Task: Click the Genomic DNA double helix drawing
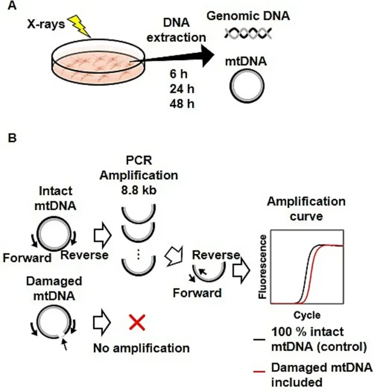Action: (x=248, y=34)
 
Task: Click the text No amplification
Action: (x=142, y=348)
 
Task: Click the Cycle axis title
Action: (x=306, y=314)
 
